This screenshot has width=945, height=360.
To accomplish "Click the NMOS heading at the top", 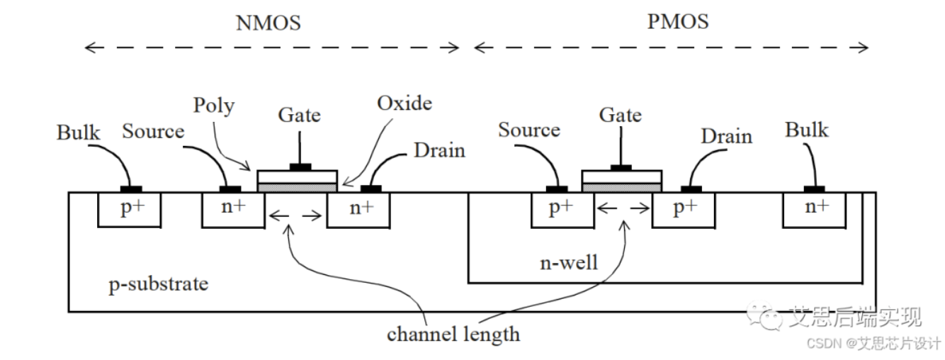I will point(268,23).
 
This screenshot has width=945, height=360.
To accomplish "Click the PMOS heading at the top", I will point(677,21).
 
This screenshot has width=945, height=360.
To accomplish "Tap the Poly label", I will point(214,106).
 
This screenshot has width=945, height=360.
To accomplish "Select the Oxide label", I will point(404,103).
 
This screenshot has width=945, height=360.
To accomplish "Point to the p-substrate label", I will point(159,284).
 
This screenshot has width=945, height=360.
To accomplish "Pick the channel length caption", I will point(453,333).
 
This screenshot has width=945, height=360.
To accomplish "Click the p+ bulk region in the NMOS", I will point(130,209).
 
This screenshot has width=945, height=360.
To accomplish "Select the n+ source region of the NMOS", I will point(233,209).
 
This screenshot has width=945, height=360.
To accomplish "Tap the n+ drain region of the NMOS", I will point(358,209).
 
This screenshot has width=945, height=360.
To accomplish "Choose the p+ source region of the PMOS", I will point(562,209).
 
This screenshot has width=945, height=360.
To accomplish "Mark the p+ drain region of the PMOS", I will point(683,209).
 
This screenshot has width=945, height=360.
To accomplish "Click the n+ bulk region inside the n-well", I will point(815,208).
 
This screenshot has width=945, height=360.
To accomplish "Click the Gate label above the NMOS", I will point(299,115).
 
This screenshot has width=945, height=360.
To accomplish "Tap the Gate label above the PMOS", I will point(621,115).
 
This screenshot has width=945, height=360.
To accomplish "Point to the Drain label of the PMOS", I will point(726,136).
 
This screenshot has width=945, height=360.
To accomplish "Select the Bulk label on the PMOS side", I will point(807,130).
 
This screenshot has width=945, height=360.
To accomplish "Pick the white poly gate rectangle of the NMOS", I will point(298,176).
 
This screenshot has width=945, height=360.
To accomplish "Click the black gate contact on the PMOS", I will point(621,168).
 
